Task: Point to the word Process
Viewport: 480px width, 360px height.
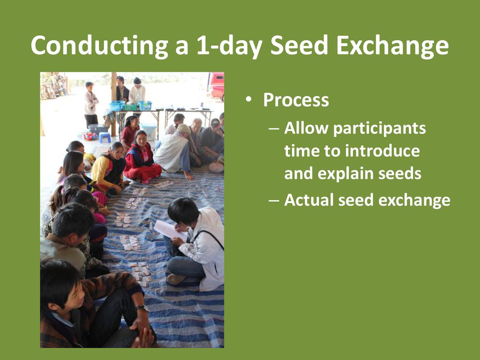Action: point(296,100)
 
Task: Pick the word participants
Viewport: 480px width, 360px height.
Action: point(379,128)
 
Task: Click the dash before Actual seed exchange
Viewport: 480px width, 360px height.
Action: point(274,201)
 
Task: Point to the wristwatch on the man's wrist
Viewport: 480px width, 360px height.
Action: point(142,307)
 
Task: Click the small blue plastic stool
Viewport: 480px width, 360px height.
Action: point(105,137)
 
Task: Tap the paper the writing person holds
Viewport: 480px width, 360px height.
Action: point(170,230)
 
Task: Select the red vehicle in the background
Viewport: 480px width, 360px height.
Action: point(217,86)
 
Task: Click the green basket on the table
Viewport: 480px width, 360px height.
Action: point(131,107)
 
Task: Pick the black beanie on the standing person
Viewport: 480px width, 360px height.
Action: point(137,81)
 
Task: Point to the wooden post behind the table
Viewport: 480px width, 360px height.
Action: point(113,104)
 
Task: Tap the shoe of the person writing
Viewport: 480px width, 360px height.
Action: point(176,278)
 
